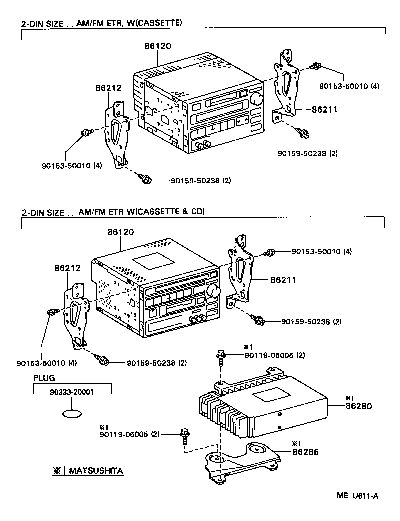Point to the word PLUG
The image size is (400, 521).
tap(44, 378)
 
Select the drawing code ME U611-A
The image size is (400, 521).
tap(357, 496)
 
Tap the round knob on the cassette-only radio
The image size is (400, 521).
tap(257, 99)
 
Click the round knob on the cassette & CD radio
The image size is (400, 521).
tap(214, 291)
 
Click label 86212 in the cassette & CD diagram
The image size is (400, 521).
tap(67, 268)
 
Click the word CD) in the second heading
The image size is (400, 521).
tap(197, 211)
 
